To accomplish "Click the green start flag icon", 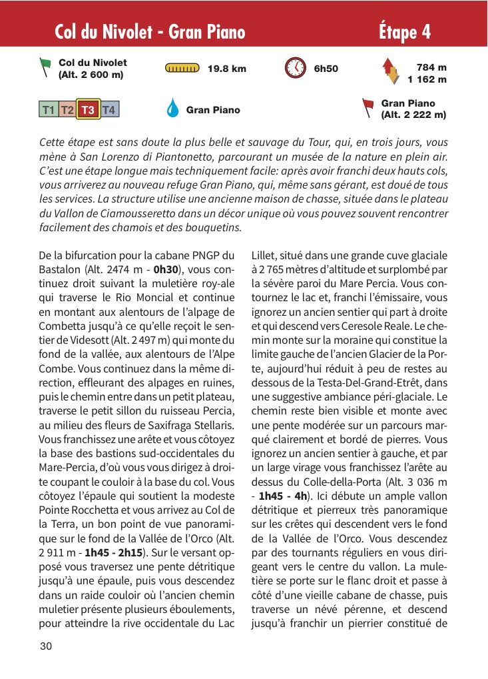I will [x=45, y=67].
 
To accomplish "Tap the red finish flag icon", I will [x=367, y=108].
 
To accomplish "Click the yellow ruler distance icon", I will [x=182, y=68].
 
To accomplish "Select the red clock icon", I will [x=295, y=68].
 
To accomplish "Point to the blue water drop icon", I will [x=172, y=109].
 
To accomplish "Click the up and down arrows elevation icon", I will [x=391, y=72].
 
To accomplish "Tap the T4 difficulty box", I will [x=109, y=109].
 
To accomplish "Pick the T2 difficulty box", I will [x=67, y=109].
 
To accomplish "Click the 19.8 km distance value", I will [x=226, y=69].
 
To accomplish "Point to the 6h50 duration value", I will [x=326, y=69].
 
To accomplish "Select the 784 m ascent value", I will [x=431, y=67].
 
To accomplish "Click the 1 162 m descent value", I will [x=427, y=79].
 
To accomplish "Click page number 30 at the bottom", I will [x=46, y=646].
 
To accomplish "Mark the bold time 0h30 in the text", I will [x=166, y=270].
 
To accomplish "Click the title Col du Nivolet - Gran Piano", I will [x=150, y=31].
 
